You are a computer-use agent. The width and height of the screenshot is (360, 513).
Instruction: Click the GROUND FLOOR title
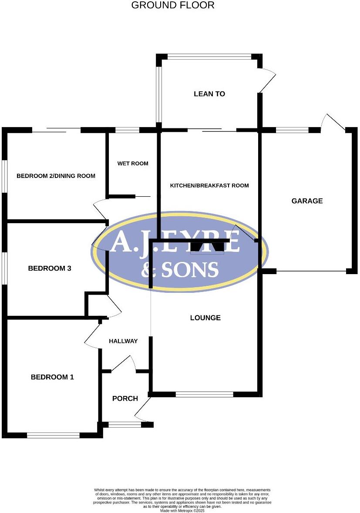pos(173,5)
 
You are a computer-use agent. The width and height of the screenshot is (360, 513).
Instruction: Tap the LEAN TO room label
pos(209,94)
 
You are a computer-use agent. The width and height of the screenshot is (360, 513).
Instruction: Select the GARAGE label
pos(307,201)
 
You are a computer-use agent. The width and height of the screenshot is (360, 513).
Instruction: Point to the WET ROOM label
pos(132,163)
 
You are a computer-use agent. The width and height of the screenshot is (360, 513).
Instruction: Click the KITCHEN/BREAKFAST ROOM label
pos(209,185)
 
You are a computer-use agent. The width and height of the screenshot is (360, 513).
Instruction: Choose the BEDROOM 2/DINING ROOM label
pos(56,176)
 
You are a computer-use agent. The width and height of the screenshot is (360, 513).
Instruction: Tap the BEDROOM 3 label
pos(50,268)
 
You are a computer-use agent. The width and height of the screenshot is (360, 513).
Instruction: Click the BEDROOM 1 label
pos(52,377)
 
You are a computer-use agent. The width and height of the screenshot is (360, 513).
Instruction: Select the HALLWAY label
pos(123,341)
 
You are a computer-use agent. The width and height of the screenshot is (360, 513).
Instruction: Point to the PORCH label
pos(125,399)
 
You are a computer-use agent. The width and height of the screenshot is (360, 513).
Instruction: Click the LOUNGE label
pos(205,318)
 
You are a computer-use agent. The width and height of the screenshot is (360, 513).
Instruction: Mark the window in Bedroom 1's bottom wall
pos(54,436)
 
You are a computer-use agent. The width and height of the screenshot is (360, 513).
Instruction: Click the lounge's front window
pos(205,394)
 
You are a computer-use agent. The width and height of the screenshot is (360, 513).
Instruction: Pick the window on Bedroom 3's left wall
pos(4,268)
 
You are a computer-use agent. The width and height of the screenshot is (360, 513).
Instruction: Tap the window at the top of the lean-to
pos(209,56)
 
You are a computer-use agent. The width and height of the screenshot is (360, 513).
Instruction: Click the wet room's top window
pos(128,130)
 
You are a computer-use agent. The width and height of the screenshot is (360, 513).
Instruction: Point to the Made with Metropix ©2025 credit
pos(182,510)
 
